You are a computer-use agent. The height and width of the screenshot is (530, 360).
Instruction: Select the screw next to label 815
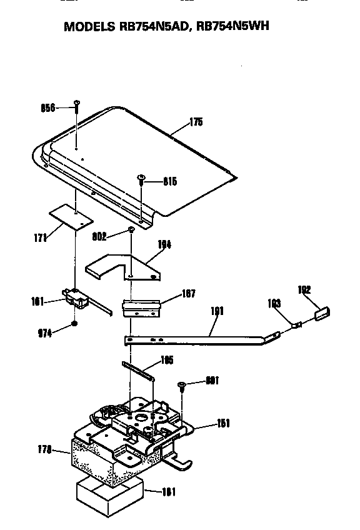tap(142, 180)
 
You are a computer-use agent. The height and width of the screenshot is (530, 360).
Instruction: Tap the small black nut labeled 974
tap(74, 324)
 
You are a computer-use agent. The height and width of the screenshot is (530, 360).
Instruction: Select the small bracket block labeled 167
tap(142, 307)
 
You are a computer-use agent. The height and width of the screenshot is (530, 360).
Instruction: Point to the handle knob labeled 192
tap(323, 312)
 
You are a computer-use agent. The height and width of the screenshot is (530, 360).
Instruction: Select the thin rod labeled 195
tap(139, 372)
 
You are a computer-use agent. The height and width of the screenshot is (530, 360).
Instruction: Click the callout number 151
tap(222, 424)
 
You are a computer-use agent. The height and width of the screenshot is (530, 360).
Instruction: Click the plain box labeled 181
tap(109, 491)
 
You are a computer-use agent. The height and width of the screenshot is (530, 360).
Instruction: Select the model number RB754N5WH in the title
tap(233, 27)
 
